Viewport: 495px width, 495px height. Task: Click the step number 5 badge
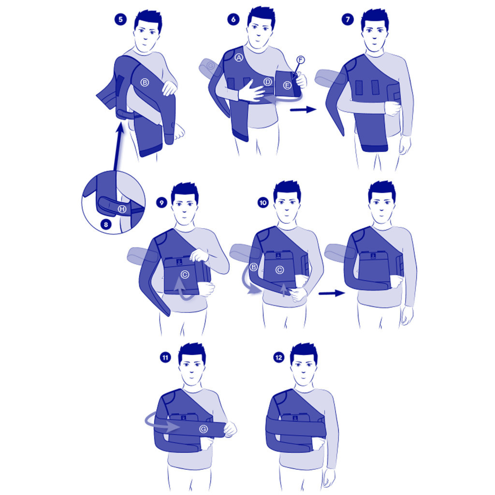point(120,19)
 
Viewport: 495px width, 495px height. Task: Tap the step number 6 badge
point(233,19)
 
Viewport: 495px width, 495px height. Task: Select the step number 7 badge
point(348,19)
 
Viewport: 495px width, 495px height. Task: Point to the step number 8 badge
point(106,224)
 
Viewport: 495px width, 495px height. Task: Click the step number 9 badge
point(161,203)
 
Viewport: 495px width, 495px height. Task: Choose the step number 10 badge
point(263,203)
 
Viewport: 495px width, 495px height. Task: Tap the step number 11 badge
point(165,358)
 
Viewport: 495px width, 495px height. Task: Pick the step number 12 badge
point(279,358)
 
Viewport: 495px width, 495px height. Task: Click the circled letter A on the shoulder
point(239,58)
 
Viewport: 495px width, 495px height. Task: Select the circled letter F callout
point(301,59)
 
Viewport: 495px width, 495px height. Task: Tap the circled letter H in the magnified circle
point(122,209)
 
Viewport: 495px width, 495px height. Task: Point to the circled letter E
point(287,85)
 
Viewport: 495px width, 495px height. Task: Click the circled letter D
point(267,82)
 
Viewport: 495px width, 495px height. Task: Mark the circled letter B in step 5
point(145,82)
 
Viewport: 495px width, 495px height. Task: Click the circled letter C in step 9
point(185,275)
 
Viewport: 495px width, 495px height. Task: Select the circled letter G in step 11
point(204,429)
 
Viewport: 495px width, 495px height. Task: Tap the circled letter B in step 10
point(253,267)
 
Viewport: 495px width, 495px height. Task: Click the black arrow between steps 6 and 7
point(303,110)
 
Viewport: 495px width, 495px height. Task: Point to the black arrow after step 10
point(332,293)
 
